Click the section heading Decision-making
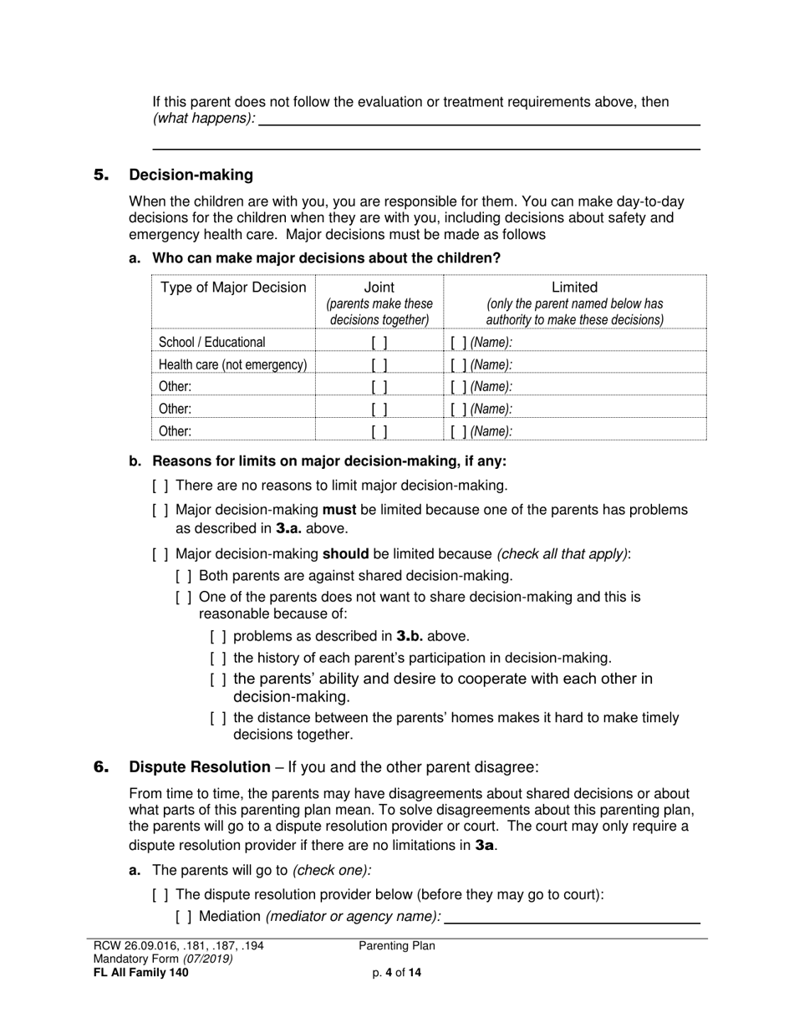coord(191,175)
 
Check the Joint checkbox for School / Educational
coord(379,343)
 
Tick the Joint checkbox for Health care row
coord(379,365)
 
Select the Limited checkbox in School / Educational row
coord(458,343)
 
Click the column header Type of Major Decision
coord(233,288)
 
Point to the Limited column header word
coord(575,288)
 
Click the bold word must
coord(339,510)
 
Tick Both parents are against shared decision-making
coord(184,576)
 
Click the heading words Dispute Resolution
coord(200,767)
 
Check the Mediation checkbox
coord(184,917)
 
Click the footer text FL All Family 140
coord(141,973)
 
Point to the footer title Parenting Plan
coord(397,946)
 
